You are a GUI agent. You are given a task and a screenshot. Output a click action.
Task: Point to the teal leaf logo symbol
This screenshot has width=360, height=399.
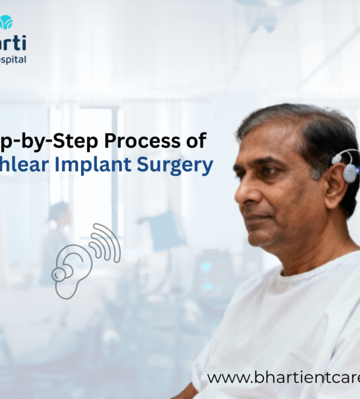tap(6, 22)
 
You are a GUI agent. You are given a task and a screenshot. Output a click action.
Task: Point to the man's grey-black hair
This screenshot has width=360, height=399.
tap(304, 121)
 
